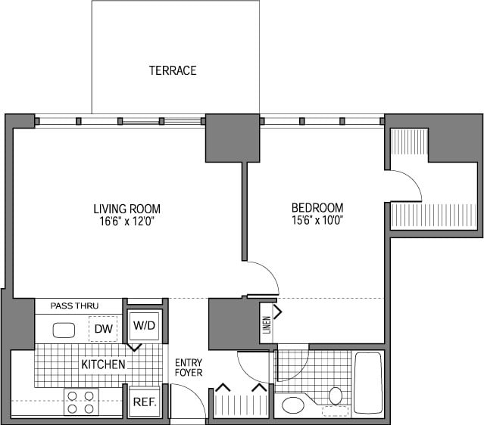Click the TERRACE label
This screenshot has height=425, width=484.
click(173, 70)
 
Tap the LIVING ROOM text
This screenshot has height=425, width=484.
click(127, 209)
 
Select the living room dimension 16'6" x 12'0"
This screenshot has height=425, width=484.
click(126, 222)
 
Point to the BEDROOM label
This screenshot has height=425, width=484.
click(317, 208)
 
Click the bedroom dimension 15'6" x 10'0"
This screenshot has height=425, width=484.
click(317, 220)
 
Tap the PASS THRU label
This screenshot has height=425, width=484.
click(74, 306)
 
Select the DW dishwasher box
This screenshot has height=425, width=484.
click(103, 329)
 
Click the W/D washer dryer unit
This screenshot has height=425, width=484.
click(144, 326)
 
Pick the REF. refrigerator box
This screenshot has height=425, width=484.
click(144, 402)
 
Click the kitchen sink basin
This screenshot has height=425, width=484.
click(64, 330)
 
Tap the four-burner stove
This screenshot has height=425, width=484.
click(81, 402)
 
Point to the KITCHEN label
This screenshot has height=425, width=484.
click(103, 365)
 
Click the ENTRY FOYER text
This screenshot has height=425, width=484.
click(189, 368)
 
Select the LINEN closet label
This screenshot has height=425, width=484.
click(267, 325)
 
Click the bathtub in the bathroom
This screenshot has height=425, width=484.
click(369, 383)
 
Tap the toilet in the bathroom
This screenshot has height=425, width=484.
click(336, 396)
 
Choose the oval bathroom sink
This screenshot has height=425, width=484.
click(293, 405)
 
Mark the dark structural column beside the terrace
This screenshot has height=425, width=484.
click(233, 138)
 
